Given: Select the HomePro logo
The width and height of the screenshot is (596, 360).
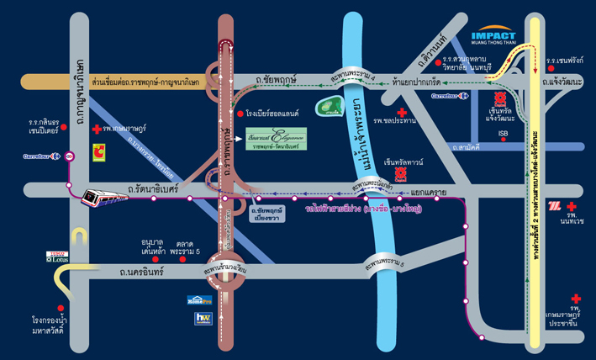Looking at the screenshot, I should pos(196,299).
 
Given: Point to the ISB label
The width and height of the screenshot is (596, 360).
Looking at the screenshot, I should pos(504,132).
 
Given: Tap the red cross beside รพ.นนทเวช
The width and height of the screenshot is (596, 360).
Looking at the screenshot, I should pos(572,206).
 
